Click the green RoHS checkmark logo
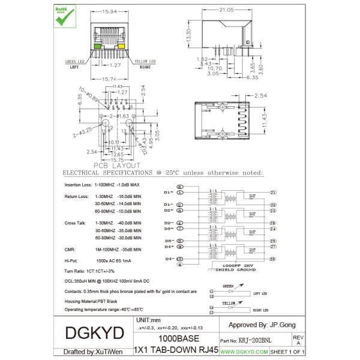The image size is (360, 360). click(64, 16)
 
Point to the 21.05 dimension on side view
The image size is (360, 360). click(226, 10)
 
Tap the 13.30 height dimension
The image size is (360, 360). click(189, 35)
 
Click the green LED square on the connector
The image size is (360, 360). click(98, 46)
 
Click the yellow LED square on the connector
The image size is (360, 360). click(120, 46)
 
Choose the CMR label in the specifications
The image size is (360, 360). click(70, 248)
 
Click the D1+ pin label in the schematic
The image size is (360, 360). click(169, 192)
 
